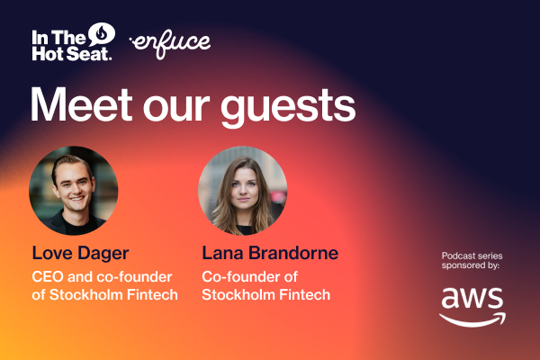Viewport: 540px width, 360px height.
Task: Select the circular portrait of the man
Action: tap(74, 191)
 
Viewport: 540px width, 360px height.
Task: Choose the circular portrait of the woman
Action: tap(242, 191)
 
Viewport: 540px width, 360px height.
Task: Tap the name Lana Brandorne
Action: tap(269, 253)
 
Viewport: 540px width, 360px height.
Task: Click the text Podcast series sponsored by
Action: tap(472, 260)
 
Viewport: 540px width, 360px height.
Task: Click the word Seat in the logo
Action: tap(94, 53)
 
